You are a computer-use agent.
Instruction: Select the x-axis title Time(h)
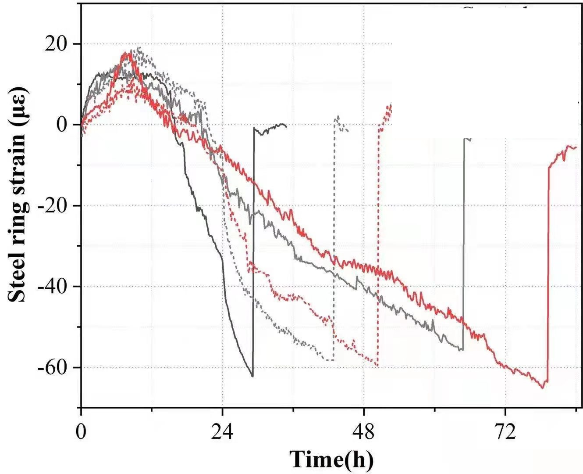tap(332, 459)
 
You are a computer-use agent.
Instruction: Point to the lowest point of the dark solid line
tap(252, 376)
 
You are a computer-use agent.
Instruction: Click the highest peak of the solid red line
tap(127, 53)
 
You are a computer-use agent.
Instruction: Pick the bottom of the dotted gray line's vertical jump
tap(334, 360)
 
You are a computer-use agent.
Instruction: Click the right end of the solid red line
tap(576, 147)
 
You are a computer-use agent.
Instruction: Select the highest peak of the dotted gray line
tap(139, 47)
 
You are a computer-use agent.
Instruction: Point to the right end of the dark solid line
tap(286, 126)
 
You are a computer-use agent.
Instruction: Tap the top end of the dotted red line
tap(391, 105)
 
